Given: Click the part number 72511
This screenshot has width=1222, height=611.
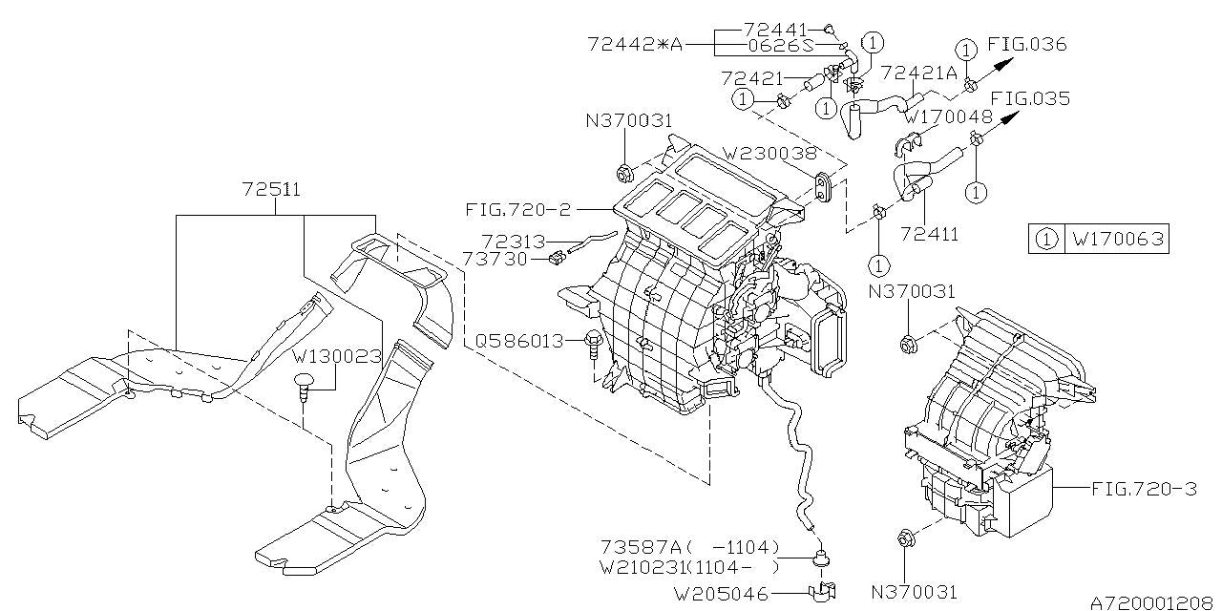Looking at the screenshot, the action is pyautogui.click(x=271, y=189).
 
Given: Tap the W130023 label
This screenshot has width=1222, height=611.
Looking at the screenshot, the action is pyautogui.click(x=337, y=357).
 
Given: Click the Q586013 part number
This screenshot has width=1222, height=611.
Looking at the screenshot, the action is pyautogui.click(x=518, y=341).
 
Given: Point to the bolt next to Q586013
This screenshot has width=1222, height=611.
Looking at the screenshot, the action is pyautogui.click(x=593, y=346).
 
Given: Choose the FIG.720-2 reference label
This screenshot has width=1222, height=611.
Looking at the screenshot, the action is pyautogui.click(x=517, y=209).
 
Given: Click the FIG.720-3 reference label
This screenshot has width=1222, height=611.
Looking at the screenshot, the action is pyautogui.click(x=1144, y=488).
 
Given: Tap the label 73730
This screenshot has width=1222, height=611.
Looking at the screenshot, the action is pyautogui.click(x=495, y=259).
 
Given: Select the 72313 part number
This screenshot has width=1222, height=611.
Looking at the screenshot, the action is pyautogui.click(x=513, y=242).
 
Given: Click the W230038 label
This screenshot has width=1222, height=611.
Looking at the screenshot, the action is pyautogui.click(x=769, y=154).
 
